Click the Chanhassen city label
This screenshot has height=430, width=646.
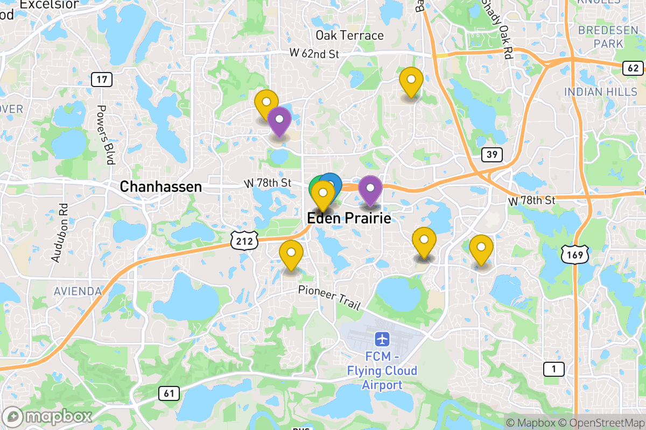click(160, 187)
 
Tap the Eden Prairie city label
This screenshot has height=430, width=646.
click(348, 218)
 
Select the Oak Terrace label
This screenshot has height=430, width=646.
click(349, 35)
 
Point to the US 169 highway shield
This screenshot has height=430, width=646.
click(575, 255)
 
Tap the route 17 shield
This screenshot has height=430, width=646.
click(101, 80)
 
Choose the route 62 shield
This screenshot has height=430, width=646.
click(633, 68)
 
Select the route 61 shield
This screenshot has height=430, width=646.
click(169, 393)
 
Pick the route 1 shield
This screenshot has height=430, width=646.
click(553, 369)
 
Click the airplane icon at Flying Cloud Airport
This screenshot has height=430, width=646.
click(382, 340)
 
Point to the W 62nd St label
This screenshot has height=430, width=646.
click(314, 54)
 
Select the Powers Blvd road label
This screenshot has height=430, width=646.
click(106, 134)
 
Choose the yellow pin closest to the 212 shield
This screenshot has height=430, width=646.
click(291, 253)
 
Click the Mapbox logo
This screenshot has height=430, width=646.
click(47, 417)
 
